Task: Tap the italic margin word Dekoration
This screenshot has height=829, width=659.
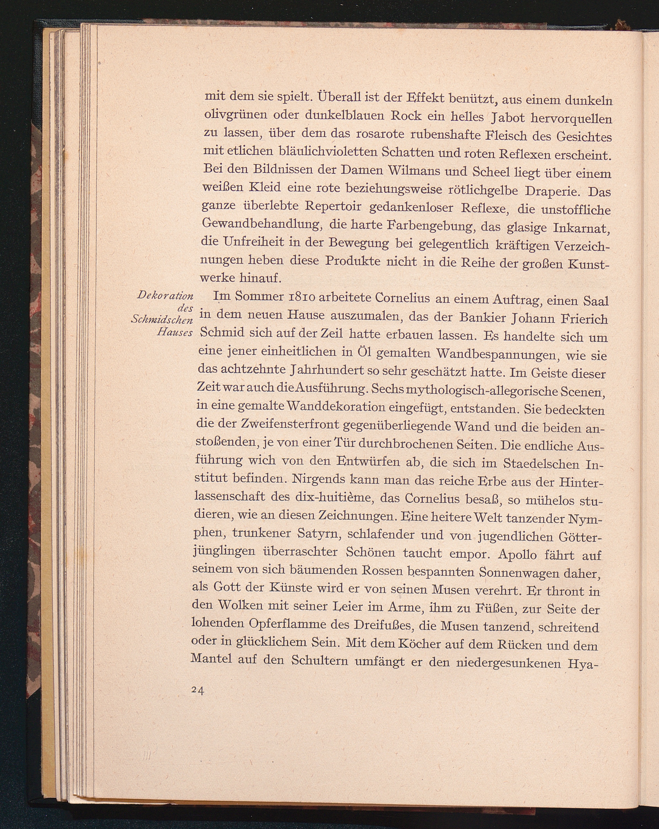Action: point(165,296)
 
